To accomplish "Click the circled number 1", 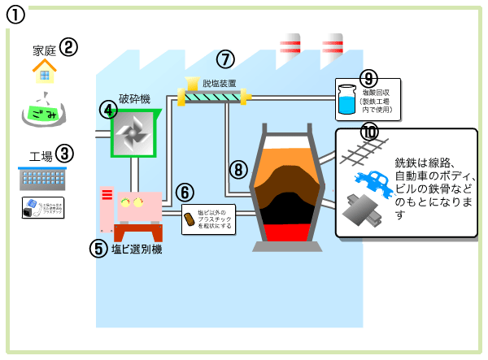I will coord(18,15).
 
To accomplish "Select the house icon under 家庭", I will coord(44,72).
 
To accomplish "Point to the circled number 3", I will coord(64,153).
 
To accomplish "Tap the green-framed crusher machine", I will coord(133,132).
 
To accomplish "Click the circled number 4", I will coord(108,109).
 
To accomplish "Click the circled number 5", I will coord(99,248).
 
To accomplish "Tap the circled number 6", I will coord(185,193).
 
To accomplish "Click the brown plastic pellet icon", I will coord(189,219).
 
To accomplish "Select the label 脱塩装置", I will coord(219,82).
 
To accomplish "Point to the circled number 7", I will coord(225,59).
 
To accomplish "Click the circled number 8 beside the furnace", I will coord(237,169).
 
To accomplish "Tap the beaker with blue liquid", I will coord(346,99).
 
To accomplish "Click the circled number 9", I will coord(368,78).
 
